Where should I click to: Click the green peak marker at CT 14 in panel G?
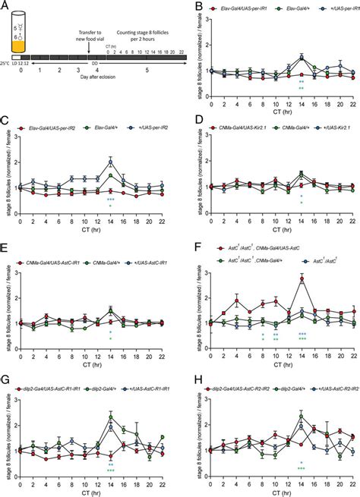coord(111,395)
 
